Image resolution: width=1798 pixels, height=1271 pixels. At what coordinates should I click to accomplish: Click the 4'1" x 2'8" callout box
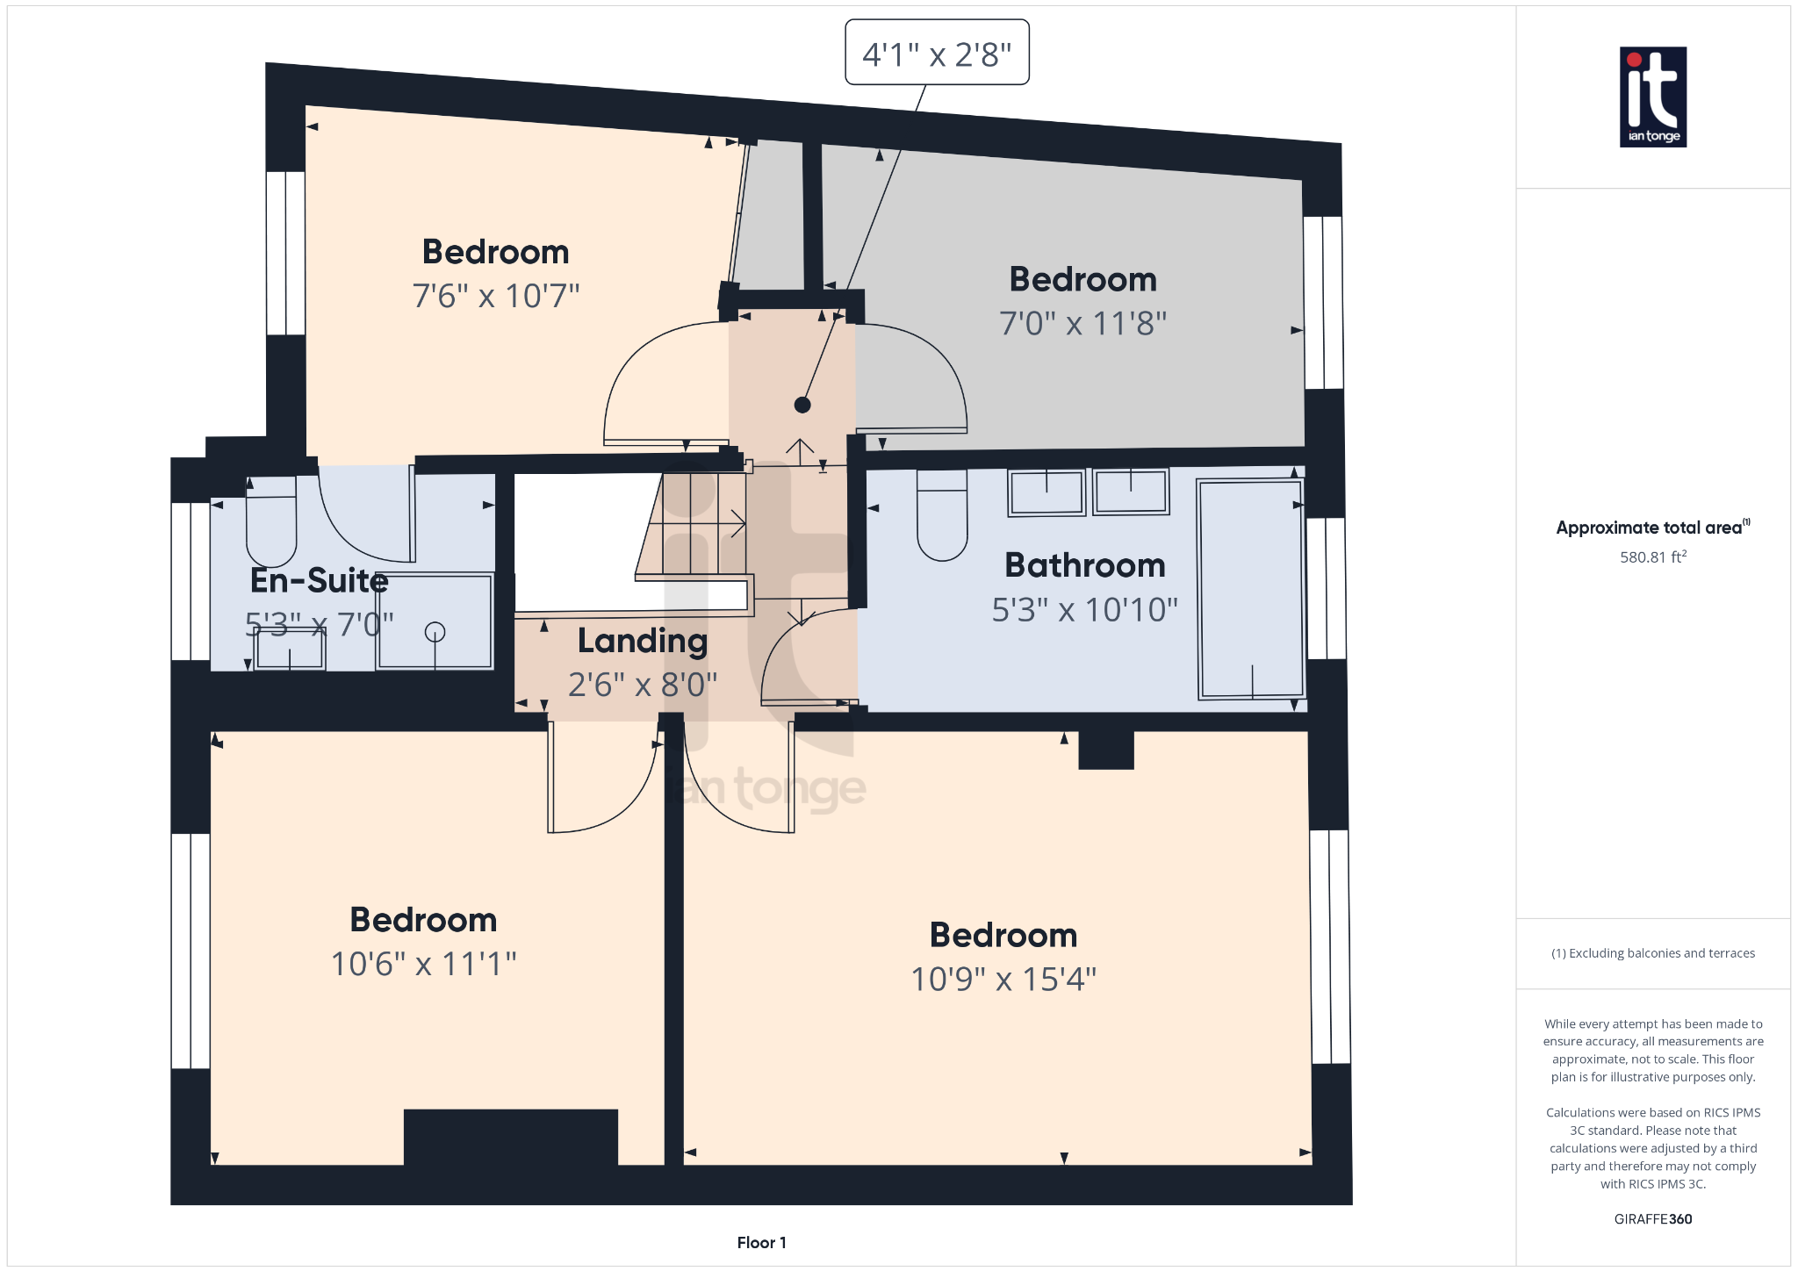pos(937,53)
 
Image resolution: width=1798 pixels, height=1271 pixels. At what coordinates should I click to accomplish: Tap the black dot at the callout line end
pos(802,405)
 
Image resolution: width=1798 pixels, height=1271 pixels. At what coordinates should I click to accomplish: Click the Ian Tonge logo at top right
pos(1652,97)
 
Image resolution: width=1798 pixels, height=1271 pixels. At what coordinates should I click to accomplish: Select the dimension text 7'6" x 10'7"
pos(496,296)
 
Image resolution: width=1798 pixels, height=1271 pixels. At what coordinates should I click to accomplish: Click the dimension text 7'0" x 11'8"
pos(1082,323)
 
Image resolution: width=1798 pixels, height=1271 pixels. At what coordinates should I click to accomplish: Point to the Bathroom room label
pos(1084,565)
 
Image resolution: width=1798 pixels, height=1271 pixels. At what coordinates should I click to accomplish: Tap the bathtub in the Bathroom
pos(1251,588)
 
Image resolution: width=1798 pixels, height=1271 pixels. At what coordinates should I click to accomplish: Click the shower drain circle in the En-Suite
pos(435,631)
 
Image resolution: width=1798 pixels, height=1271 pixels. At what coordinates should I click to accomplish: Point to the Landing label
pos(643,641)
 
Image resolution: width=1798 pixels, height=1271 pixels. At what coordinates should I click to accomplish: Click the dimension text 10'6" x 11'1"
pos(423,964)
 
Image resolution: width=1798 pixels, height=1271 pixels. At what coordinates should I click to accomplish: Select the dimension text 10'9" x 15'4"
pos(1003,979)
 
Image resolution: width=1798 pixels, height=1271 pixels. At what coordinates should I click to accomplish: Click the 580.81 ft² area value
pos(1652,557)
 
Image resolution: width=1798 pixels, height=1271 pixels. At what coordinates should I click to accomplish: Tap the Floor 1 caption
pos(761,1242)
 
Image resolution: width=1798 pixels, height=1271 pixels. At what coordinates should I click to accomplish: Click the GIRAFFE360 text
pos(1652,1218)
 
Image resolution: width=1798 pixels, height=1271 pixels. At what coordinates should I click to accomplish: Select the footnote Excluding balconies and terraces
pos(1652,953)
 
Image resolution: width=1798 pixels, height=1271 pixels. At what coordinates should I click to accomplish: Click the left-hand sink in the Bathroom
pos(1046,492)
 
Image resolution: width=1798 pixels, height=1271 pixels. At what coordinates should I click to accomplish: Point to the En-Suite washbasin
pos(290,650)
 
